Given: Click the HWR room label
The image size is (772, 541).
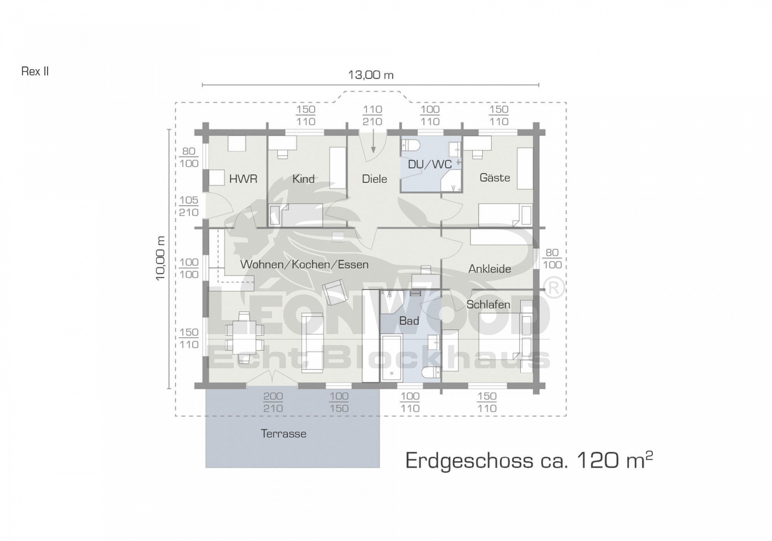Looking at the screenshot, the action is click(x=243, y=179).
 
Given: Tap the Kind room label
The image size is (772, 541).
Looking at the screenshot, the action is click(x=303, y=179).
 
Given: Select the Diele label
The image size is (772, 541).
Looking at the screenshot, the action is click(x=374, y=179).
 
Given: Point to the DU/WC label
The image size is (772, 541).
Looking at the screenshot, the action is click(x=430, y=164).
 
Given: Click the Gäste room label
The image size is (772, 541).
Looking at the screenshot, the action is click(x=495, y=178).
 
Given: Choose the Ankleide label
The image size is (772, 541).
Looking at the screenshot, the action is click(x=490, y=269).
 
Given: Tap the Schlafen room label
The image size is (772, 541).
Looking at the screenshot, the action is click(x=488, y=304).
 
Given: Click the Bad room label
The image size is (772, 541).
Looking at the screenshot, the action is click(x=409, y=321).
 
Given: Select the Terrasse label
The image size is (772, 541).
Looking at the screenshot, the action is click(x=283, y=434).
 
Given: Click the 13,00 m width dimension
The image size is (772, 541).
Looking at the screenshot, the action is click(x=371, y=75).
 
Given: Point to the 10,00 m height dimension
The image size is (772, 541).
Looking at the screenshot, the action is click(x=160, y=258).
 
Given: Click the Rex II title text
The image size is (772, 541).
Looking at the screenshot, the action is click(x=35, y=71).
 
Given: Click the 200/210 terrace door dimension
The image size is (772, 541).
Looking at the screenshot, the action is click(x=273, y=403).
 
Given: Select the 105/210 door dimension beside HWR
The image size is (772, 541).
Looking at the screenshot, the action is click(x=189, y=206).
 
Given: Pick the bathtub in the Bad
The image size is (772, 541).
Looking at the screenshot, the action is click(x=391, y=357).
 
